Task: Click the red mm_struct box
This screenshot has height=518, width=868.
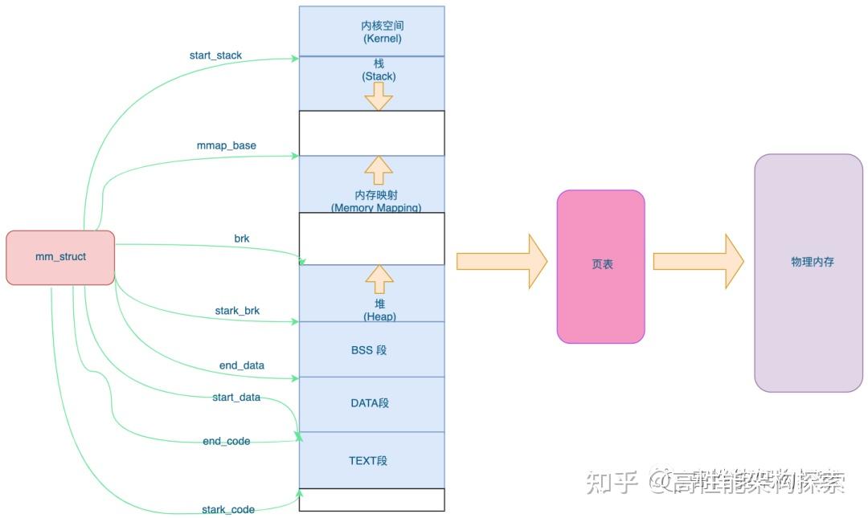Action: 60,257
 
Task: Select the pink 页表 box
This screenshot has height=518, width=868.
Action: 601,266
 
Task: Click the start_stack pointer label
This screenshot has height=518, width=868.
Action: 215,55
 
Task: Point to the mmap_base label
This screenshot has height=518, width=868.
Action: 227,145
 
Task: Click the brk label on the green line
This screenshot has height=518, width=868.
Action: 242,239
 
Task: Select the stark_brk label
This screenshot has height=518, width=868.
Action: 237,310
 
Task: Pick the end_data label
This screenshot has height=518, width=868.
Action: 242,365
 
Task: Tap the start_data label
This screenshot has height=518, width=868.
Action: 236,397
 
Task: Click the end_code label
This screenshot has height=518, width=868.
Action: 226,441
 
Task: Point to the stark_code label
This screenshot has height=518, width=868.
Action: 228,509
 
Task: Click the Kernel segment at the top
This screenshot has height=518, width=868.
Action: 371,31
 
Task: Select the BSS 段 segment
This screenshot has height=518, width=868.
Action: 371,349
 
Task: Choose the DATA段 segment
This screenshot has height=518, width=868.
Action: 371,403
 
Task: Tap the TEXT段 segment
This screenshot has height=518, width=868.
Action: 371,460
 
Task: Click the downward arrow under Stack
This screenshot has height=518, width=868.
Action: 379,96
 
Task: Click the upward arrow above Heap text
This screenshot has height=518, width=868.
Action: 379,279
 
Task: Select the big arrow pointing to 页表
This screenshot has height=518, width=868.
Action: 501,261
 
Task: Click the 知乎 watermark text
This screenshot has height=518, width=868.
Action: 612,481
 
